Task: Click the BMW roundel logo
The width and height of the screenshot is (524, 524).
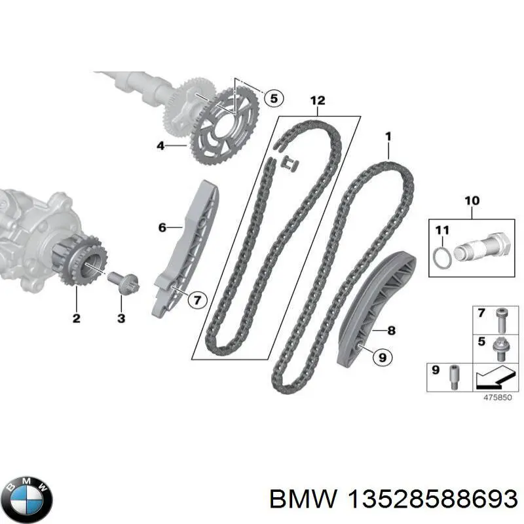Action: click(x=29, y=499)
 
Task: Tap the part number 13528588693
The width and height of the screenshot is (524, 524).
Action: click(x=432, y=500)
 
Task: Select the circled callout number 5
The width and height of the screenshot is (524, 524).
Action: click(x=274, y=98)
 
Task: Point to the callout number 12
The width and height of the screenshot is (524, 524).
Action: click(x=318, y=100)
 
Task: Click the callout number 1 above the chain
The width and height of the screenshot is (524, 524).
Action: click(x=388, y=136)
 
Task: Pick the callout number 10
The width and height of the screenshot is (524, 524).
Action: click(x=472, y=200)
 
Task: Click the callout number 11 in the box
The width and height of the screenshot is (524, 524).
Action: click(x=442, y=230)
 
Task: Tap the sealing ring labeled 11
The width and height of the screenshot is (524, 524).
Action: click(x=443, y=257)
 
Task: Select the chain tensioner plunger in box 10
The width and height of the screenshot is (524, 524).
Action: click(x=483, y=248)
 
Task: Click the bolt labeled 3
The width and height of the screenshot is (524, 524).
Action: click(x=124, y=281)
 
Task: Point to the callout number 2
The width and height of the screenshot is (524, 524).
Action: click(x=76, y=318)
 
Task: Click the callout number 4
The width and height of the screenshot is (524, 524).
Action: click(x=160, y=145)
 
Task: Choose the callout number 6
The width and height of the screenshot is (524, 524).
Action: click(x=162, y=227)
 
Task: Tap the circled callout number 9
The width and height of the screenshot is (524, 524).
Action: click(x=383, y=357)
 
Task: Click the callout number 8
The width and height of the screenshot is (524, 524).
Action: click(x=391, y=331)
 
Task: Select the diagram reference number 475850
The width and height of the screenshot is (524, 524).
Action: click(x=498, y=398)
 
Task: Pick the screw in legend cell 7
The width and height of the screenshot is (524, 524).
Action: click(x=500, y=320)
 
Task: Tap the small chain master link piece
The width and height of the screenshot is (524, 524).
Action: click(x=290, y=164)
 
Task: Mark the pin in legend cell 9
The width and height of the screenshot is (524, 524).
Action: click(x=455, y=377)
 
